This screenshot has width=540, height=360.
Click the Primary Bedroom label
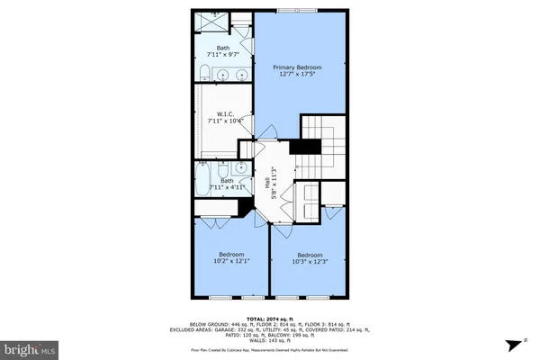(297, 67)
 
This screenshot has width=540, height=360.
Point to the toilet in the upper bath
(203, 71)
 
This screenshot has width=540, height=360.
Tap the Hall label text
(268, 181)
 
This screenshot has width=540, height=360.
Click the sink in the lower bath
(239, 168)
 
